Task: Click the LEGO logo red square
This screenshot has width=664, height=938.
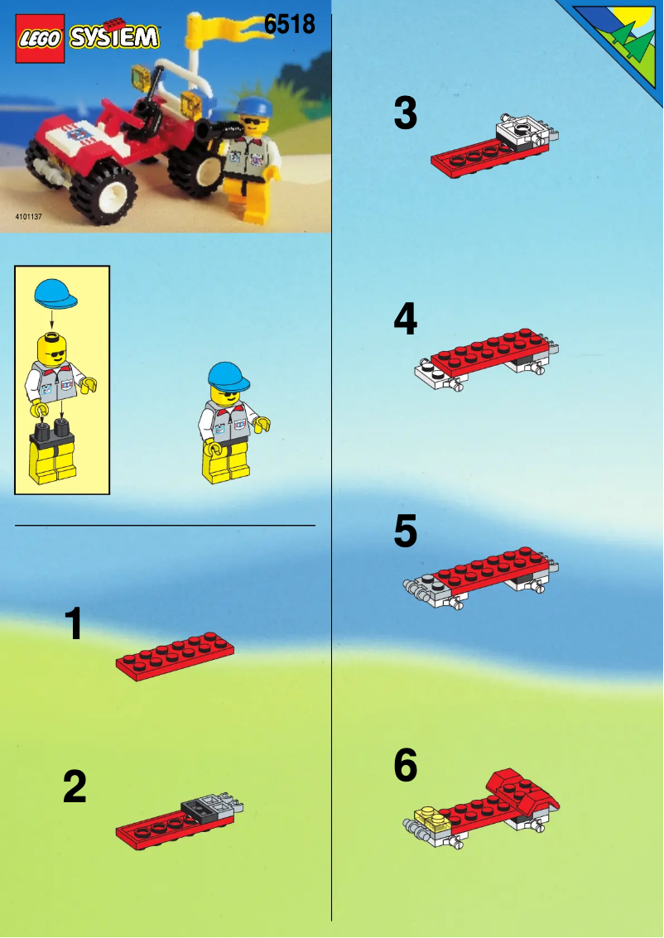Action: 38,38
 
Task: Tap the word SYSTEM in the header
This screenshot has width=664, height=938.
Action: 113,37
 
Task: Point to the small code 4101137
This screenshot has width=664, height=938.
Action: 28,217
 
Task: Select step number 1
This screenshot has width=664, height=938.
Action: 75,624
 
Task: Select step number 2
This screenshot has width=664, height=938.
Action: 75,787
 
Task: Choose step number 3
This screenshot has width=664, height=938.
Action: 405,114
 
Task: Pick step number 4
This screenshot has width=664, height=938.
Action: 405,320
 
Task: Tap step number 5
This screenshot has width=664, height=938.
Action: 405,532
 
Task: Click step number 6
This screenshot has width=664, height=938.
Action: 405,767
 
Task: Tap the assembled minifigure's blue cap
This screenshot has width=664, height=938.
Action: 229,376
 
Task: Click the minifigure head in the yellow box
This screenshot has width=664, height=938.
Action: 52,348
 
